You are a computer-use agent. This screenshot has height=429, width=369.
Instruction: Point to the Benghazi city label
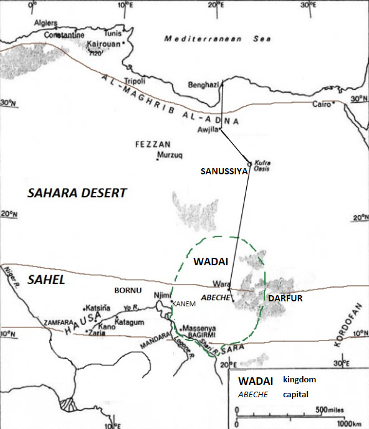click(x=203, y=85)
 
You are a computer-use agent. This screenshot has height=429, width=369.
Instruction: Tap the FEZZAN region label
click(x=150, y=144)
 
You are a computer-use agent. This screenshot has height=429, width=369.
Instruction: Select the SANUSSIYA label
click(x=223, y=171)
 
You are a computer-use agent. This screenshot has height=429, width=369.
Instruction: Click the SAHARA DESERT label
click(x=77, y=193)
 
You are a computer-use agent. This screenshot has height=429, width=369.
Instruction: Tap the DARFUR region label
click(x=285, y=299)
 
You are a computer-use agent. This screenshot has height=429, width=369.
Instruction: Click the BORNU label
click(x=128, y=291)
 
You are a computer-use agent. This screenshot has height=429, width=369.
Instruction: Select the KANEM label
click(x=185, y=304)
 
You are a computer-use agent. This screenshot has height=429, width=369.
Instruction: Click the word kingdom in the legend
click(x=299, y=379)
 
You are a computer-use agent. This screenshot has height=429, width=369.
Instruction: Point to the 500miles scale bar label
click(x=330, y=409)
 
